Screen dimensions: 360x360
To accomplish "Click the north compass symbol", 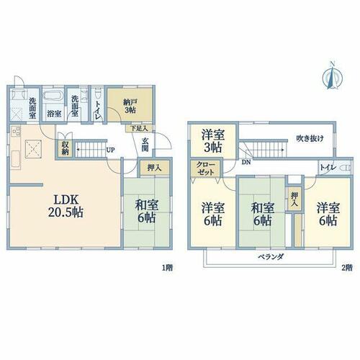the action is tap(333, 76).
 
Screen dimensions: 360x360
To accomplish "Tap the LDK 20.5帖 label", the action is tap(66, 206).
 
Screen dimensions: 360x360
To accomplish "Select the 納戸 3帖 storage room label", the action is tap(130, 106).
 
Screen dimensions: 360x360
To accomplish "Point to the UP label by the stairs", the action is tap(110, 150).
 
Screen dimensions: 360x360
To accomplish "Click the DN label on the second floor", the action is tap(246, 162).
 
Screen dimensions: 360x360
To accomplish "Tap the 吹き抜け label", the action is tap(310, 138).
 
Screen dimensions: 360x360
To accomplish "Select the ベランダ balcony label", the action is tap(271, 257).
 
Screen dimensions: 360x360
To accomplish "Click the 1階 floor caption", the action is tap(167, 268).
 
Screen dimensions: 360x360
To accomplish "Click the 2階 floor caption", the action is tap(347, 268).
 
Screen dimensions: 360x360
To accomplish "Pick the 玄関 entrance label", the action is tap(145, 145).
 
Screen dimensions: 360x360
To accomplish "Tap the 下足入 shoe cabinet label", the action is tap(139, 128).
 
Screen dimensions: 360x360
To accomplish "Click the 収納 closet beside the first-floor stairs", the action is tap(65, 148).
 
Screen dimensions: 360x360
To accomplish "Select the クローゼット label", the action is tap(205, 168).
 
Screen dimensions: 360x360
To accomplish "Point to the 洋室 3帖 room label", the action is tap(213, 141).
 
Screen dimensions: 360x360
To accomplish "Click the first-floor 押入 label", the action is tap(154, 168).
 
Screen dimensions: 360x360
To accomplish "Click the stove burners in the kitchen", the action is tap(17, 131).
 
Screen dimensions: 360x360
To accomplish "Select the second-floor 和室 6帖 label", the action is tap(262, 215).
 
